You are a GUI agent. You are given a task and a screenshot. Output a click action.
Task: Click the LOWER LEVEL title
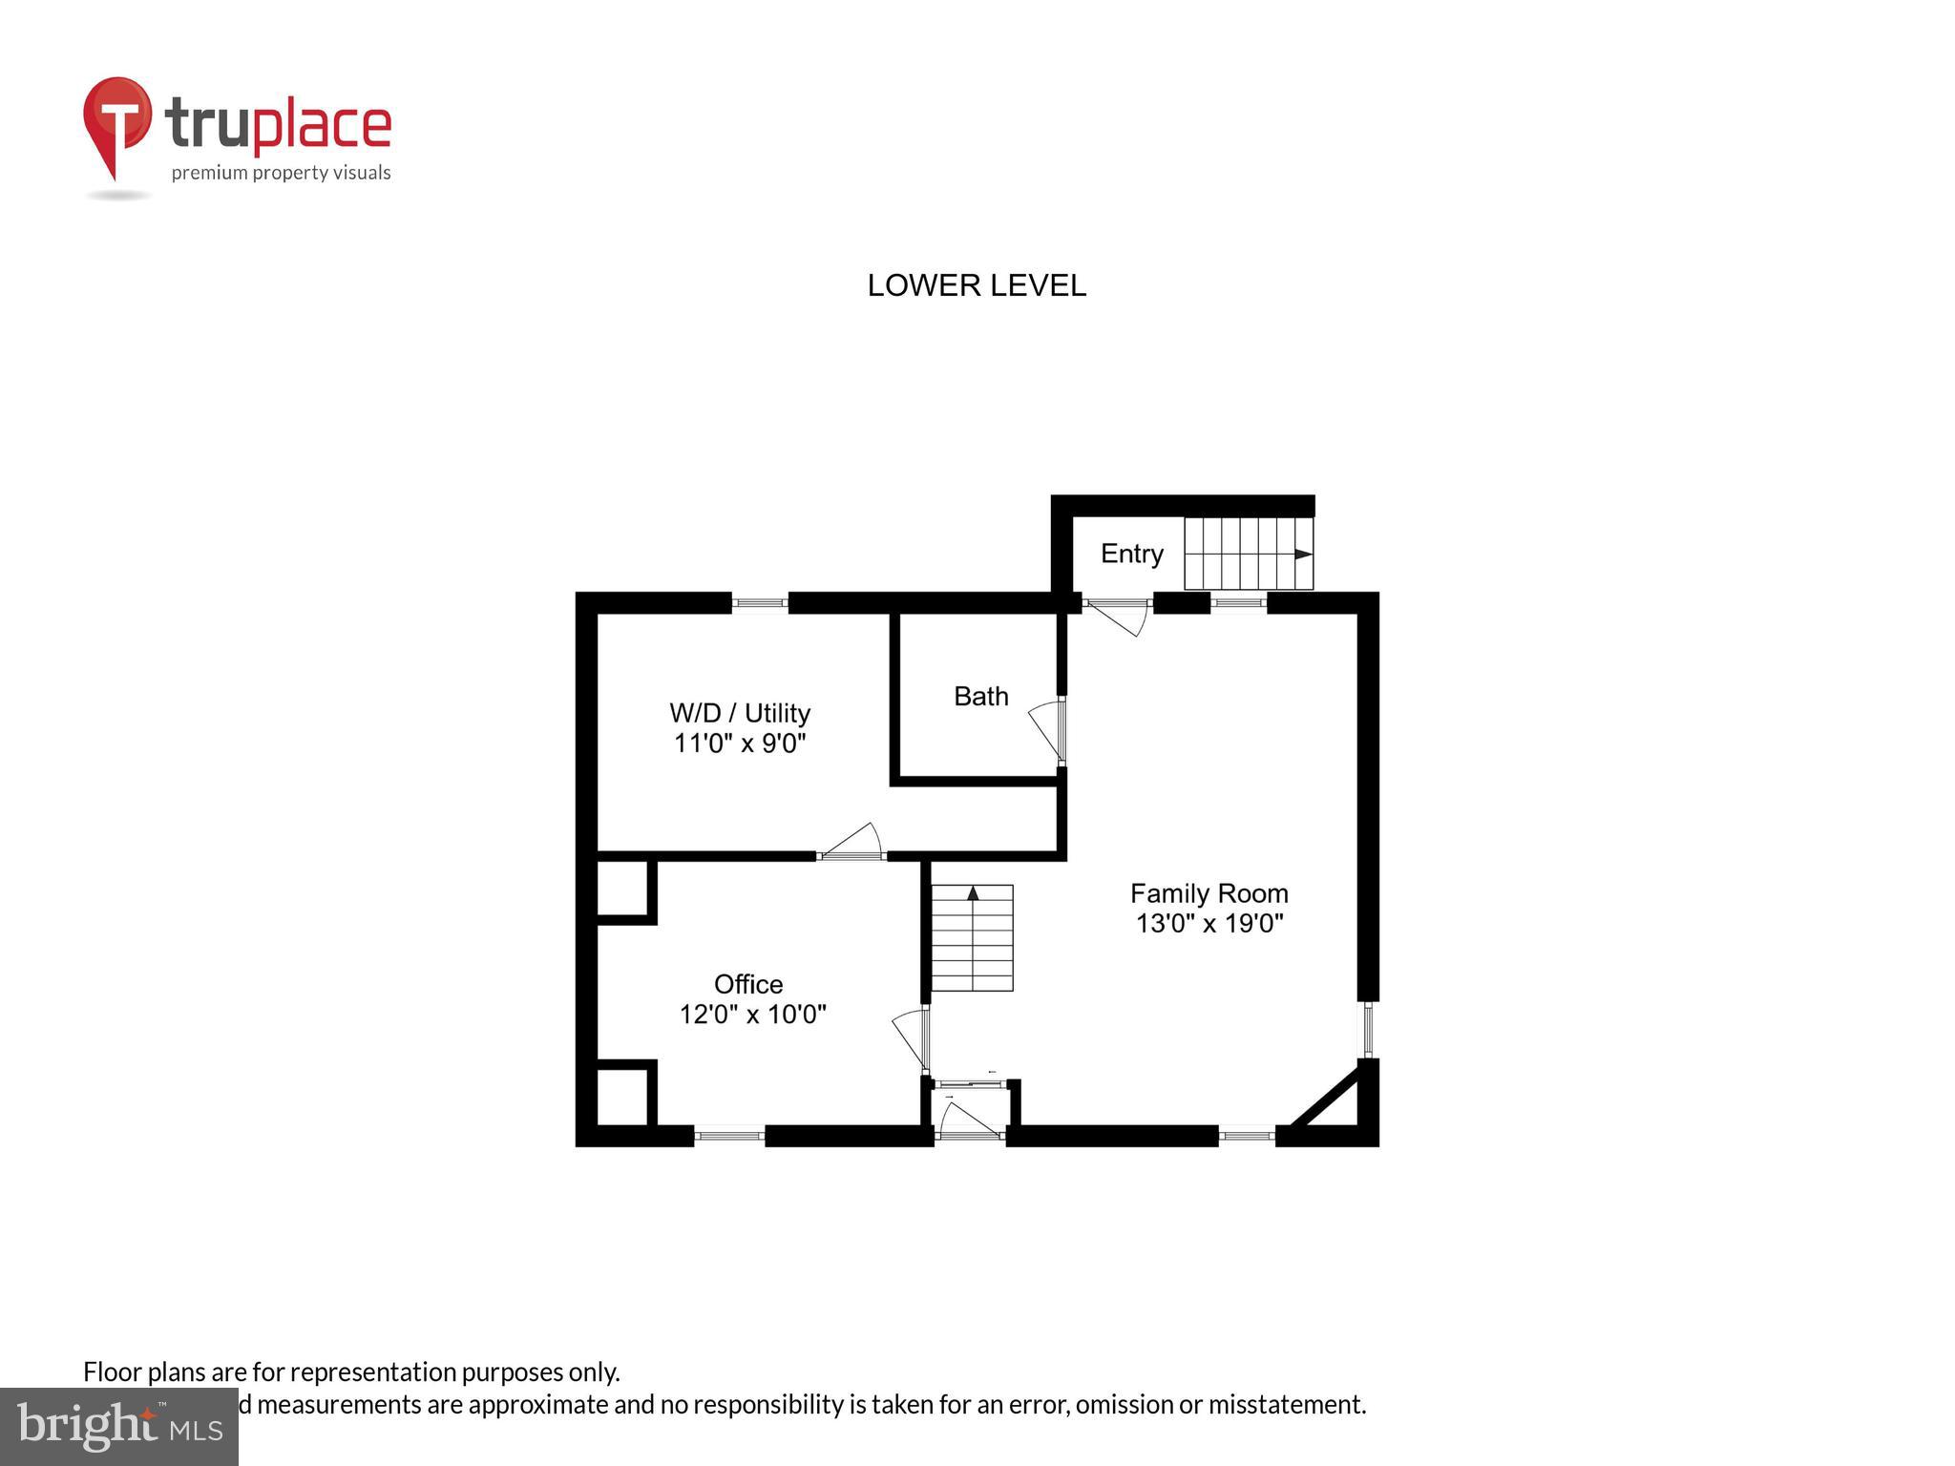(x=976, y=285)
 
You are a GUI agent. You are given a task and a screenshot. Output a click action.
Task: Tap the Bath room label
(x=980, y=696)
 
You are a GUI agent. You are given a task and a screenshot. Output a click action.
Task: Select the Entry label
(x=1131, y=554)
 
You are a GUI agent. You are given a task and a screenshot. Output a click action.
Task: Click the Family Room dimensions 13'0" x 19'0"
(x=1209, y=923)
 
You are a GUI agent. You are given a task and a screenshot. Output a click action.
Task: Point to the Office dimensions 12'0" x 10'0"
(x=752, y=1014)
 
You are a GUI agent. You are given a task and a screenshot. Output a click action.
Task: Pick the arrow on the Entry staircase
(x=1302, y=555)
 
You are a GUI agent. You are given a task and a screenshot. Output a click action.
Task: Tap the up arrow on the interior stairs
(x=973, y=894)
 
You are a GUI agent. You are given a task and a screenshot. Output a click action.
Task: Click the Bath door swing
(x=1047, y=731)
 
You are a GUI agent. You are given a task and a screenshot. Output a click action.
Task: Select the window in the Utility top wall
(x=760, y=602)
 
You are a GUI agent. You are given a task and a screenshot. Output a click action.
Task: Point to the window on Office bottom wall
(x=729, y=1136)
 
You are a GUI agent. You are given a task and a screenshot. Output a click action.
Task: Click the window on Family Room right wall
(x=1368, y=1029)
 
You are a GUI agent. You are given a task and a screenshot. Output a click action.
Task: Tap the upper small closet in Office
(x=621, y=890)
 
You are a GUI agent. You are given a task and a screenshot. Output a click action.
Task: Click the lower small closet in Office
(x=621, y=1097)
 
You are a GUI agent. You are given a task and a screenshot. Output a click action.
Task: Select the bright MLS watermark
(x=118, y=1426)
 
